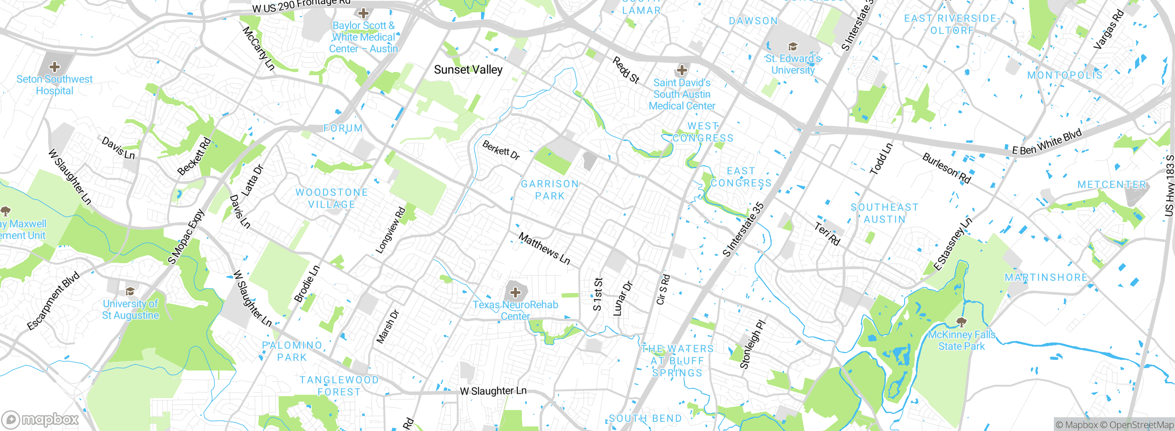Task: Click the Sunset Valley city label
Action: [x=468, y=70]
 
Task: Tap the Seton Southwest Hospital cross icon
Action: [x=55, y=67]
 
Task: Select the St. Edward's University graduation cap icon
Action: [x=793, y=46]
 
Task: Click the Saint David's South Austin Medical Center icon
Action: [x=682, y=70]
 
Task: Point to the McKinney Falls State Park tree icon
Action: [x=961, y=322]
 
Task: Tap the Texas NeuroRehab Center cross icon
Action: [x=515, y=292]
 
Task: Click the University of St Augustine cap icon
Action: [x=130, y=291]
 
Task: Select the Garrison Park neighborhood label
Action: [x=550, y=190]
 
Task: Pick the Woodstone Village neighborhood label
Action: [x=331, y=199]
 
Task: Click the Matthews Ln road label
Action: [x=544, y=249]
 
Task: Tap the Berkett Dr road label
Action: [x=501, y=150]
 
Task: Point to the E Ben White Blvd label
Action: [x=1047, y=143]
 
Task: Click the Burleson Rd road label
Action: [x=946, y=168]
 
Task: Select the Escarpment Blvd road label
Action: [x=53, y=301]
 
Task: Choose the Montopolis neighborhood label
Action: [x=1065, y=75]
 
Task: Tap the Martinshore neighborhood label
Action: [x=1046, y=277]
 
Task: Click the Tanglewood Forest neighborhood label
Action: [x=339, y=386]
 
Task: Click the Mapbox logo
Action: [x=40, y=419]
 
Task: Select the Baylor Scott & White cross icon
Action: [x=364, y=13]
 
